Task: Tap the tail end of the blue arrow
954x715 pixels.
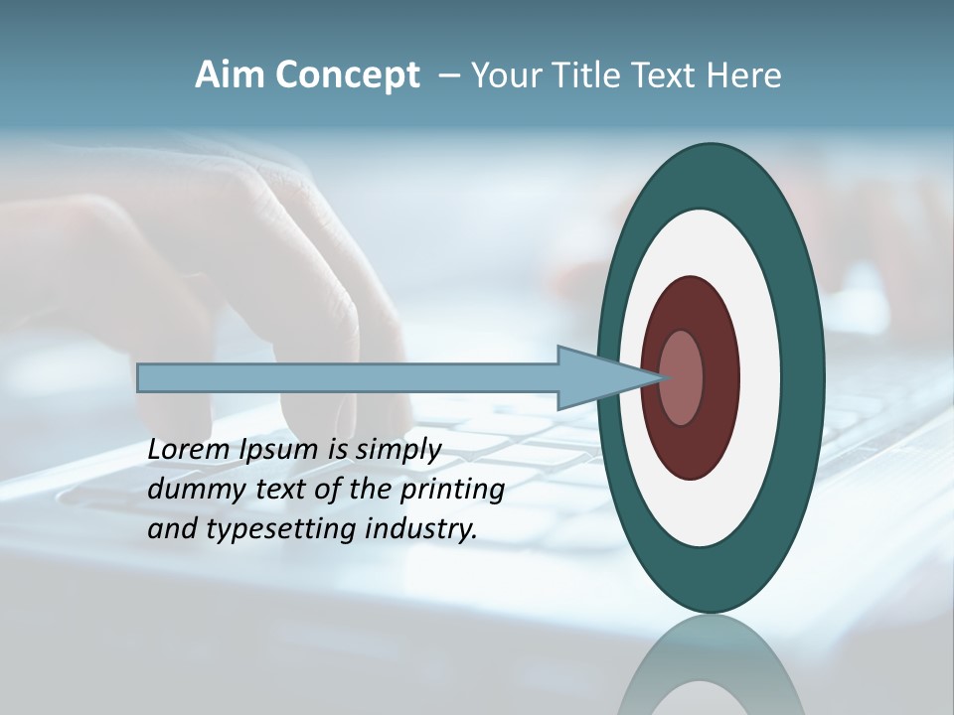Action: [x=144, y=377]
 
